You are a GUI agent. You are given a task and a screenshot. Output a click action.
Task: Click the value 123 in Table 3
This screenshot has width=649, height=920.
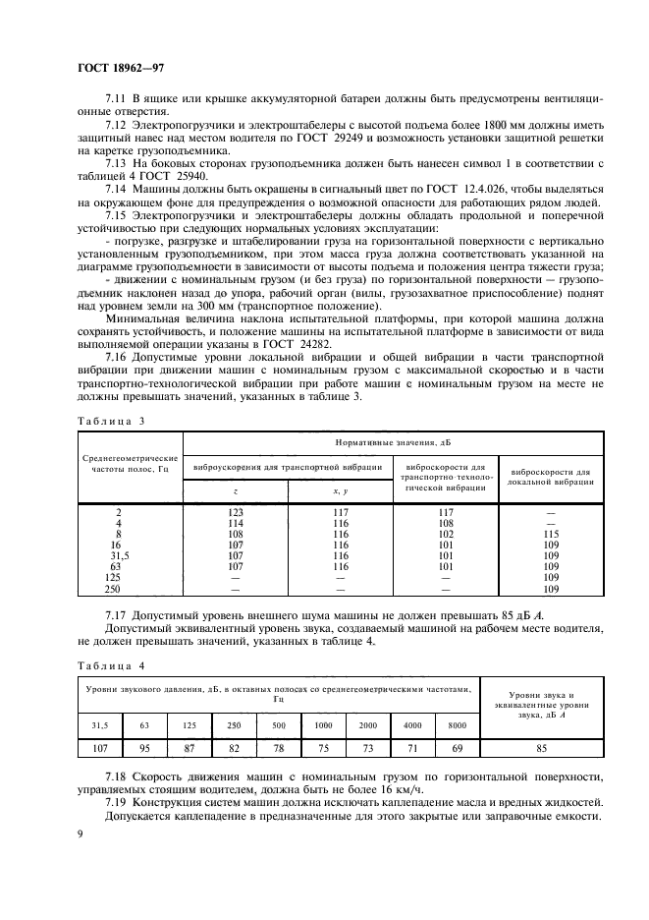coord(235,512)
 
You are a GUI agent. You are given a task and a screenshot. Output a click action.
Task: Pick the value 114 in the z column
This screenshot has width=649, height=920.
coord(235,523)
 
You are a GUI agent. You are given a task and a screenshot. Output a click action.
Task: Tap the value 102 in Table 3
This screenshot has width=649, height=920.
coord(446,534)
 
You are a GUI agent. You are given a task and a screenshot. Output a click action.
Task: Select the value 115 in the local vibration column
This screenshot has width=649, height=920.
coord(550,534)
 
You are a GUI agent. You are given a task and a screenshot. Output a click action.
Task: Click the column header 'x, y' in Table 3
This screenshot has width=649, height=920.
coord(341,490)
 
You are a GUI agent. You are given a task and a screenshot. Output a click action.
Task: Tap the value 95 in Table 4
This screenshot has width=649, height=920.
coord(145,749)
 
